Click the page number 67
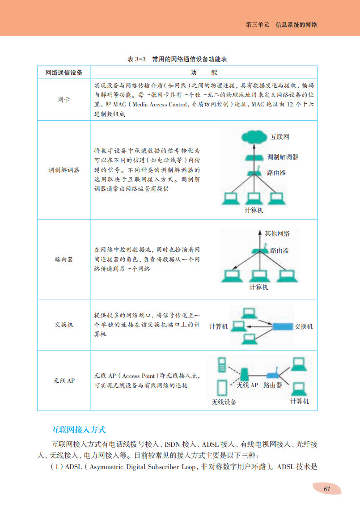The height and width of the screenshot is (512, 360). coord(326,489)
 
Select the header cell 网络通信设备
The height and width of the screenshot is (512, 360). coord(64,72)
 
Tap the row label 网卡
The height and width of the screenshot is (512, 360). coord(64,100)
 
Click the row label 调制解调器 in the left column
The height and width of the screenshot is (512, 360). coord(64,170)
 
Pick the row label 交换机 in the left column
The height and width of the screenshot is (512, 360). coord(64,325)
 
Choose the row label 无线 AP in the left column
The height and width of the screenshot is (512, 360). coord(64,381)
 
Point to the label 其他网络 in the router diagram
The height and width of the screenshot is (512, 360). coord(277,233)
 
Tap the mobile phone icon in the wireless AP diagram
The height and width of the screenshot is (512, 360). coord(221,364)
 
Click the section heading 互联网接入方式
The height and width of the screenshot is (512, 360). coord(79,430)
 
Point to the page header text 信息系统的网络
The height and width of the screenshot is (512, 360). coord(296,25)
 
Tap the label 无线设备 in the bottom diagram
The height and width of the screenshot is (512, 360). coord(224,402)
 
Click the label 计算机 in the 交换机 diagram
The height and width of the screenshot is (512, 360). coord(218,326)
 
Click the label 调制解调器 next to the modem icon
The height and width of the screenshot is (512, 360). coord(283,157)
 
